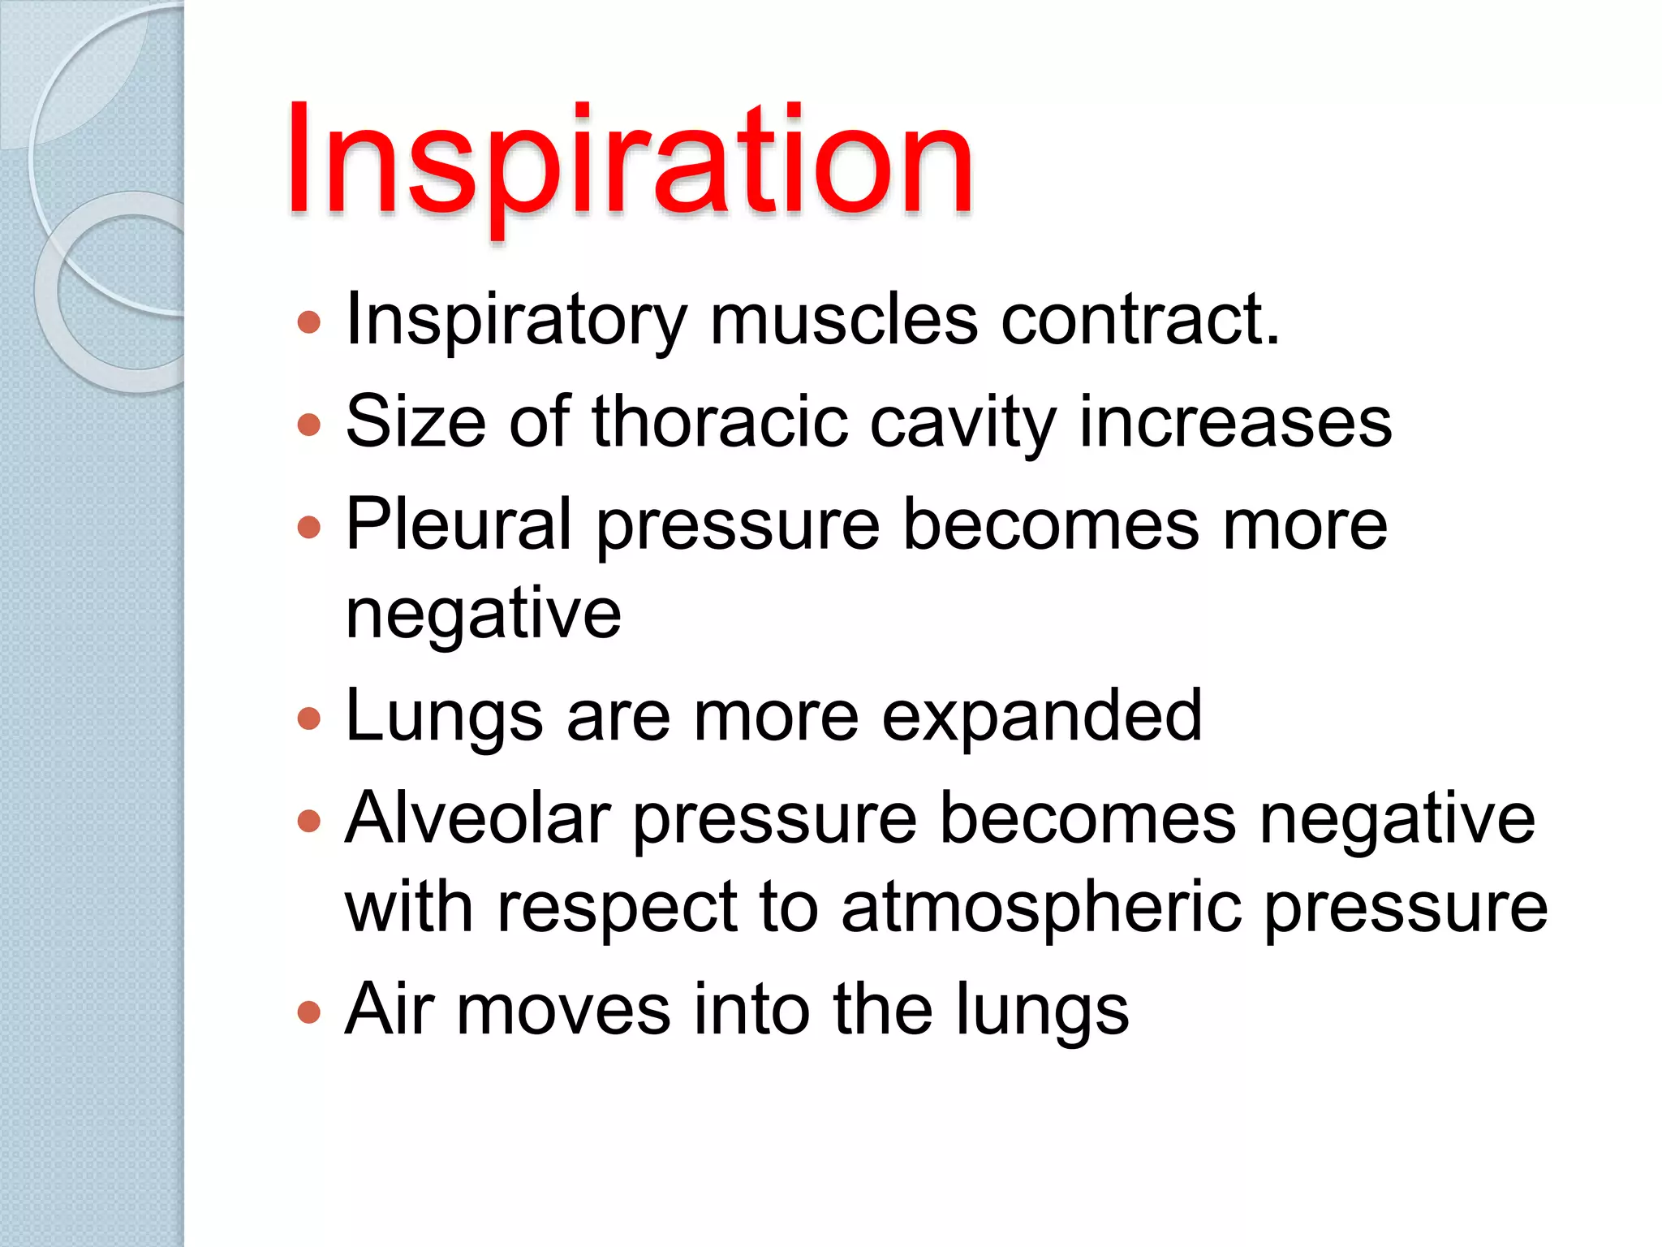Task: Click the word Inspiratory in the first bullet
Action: click(x=517, y=321)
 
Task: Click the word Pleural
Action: click(x=459, y=524)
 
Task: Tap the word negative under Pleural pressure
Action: click(x=484, y=614)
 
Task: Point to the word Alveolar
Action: click(x=478, y=818)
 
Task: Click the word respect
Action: click(x=618, y=908)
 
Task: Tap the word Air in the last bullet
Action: click(x=389, y=1009)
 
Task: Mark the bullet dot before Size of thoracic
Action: click(x=309, y=425)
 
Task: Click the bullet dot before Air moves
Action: click(x=309, y=1012)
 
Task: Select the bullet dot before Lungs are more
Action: click(x=309, y=718)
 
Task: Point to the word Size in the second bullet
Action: click(x=415, y=421)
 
